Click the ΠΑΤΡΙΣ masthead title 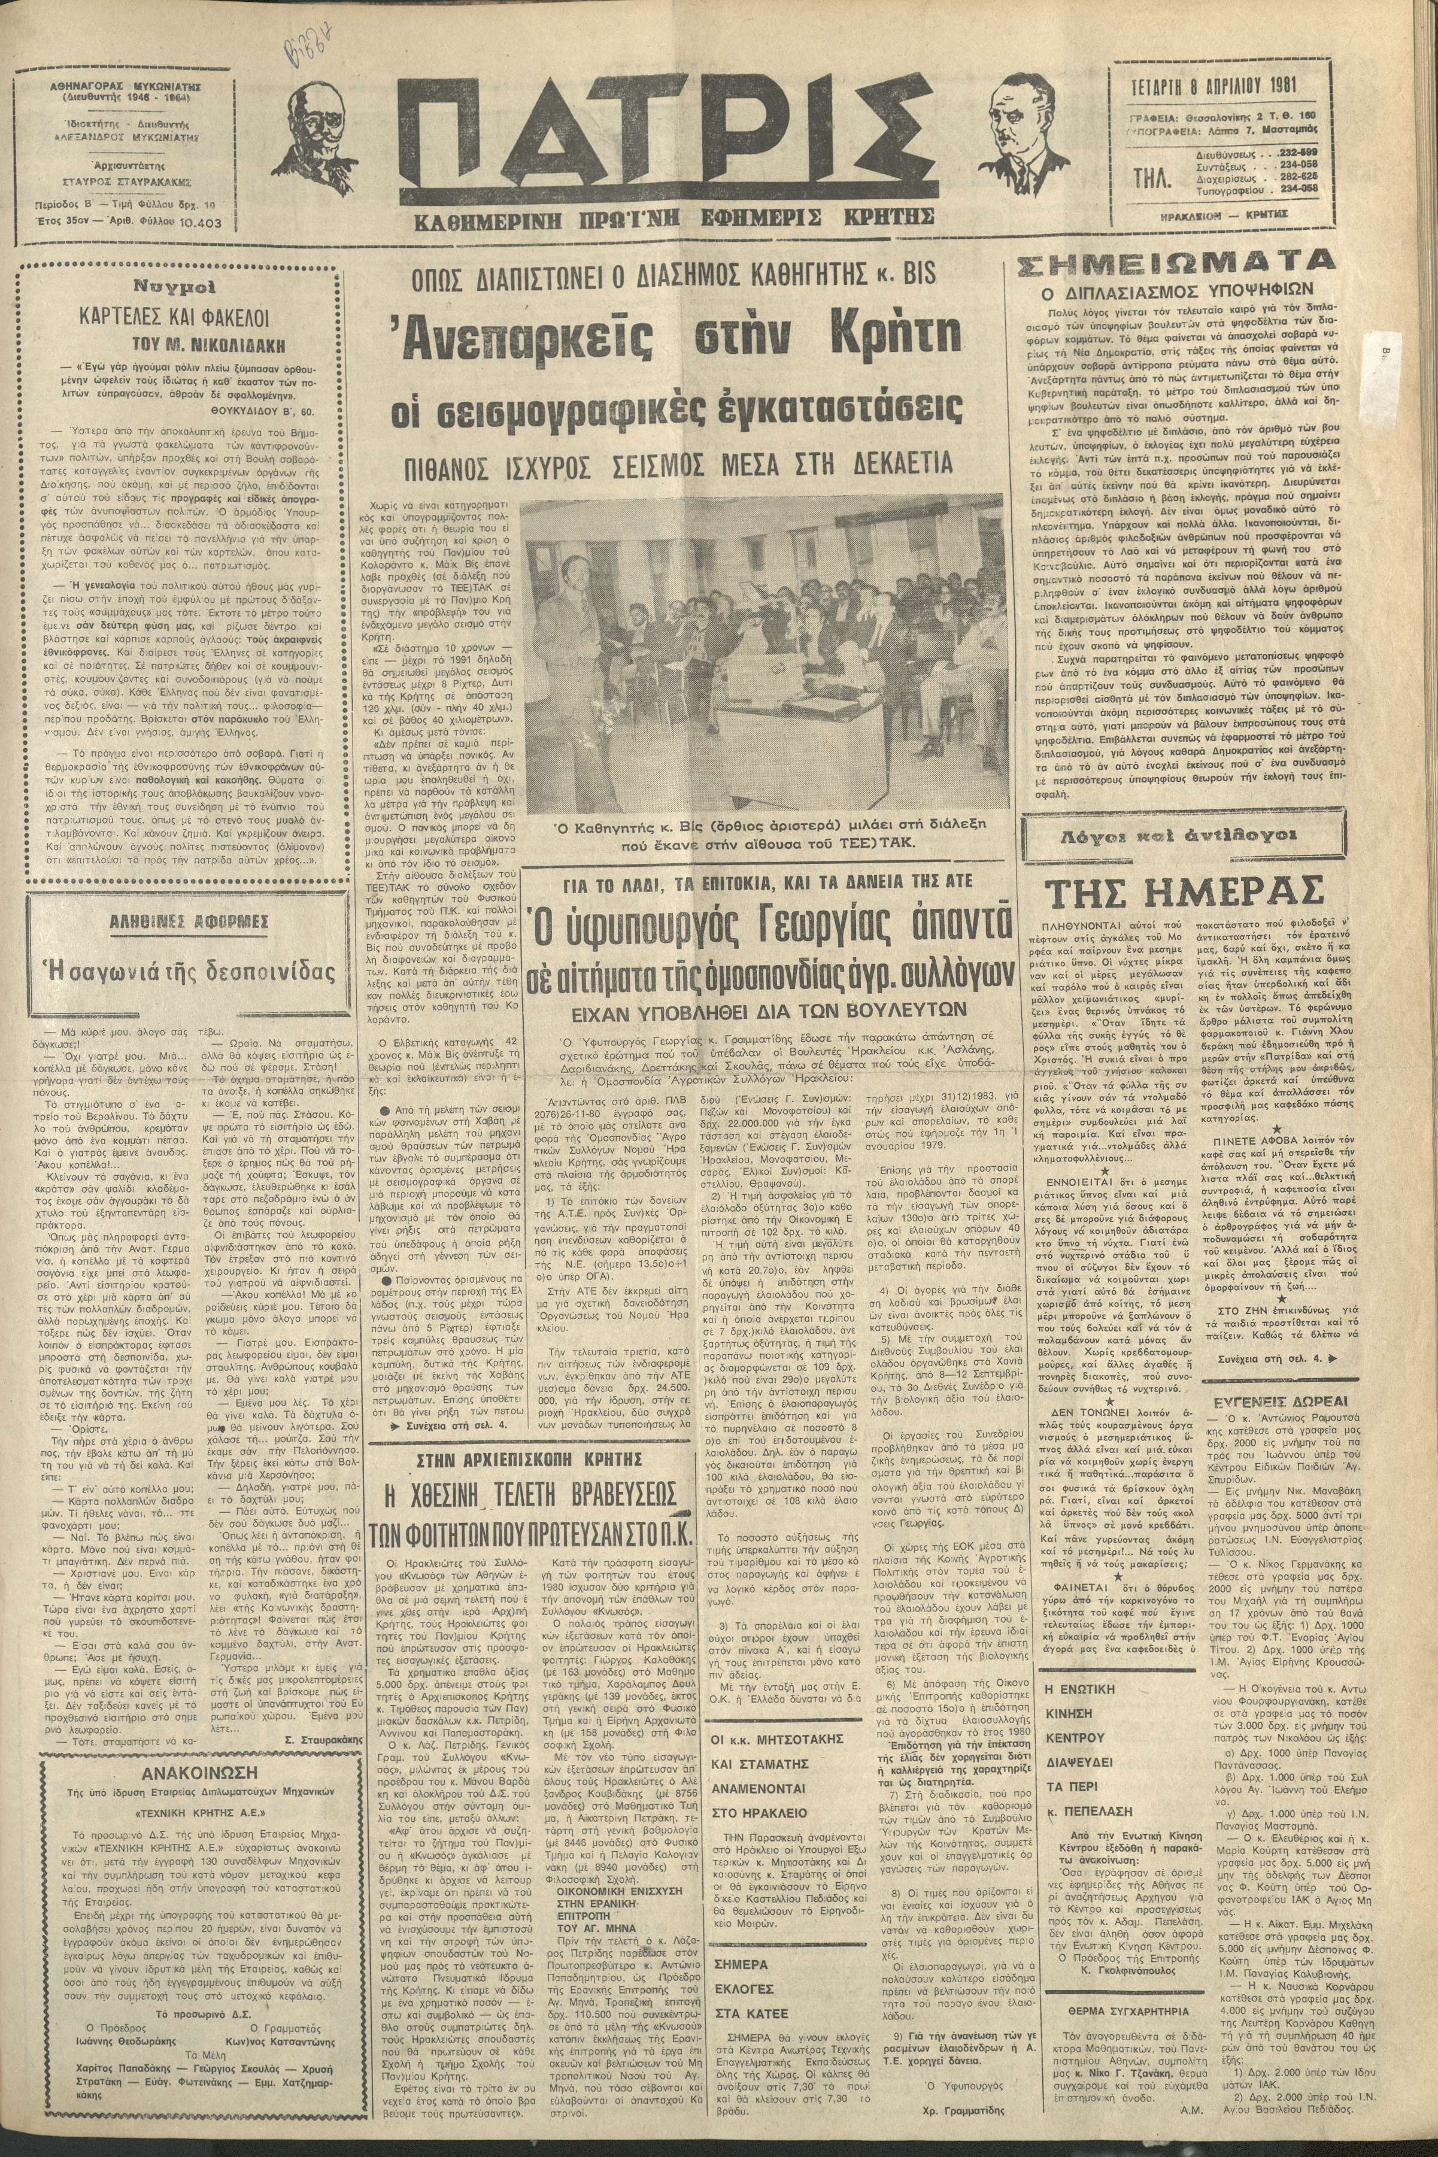668,147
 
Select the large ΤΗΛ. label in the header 1148,180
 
